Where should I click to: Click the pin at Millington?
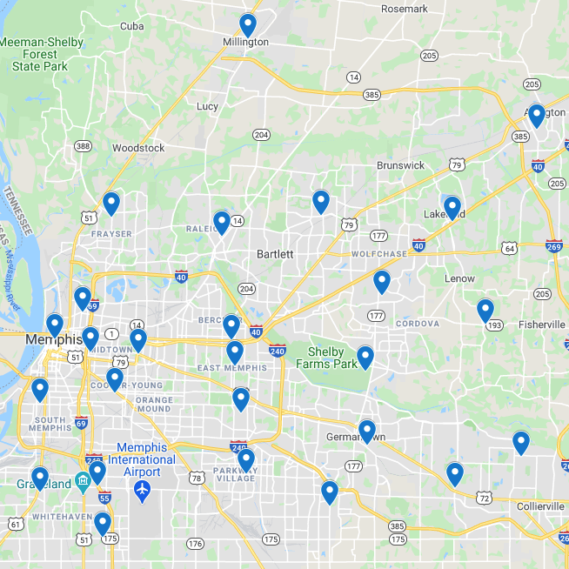248,25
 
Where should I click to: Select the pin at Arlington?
536,115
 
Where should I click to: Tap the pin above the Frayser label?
111,203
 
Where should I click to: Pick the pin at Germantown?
367,431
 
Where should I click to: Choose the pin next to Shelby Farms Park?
365,357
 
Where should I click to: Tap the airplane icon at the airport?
143,492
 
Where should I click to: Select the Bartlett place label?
275,254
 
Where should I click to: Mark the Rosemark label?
405,9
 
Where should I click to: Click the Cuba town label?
132,26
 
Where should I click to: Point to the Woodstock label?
138,148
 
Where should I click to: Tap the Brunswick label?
400,165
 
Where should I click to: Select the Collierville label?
540,506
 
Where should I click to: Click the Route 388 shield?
83,146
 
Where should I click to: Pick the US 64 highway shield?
510,249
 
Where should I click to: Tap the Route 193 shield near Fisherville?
494,325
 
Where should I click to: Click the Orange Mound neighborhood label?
153,403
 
